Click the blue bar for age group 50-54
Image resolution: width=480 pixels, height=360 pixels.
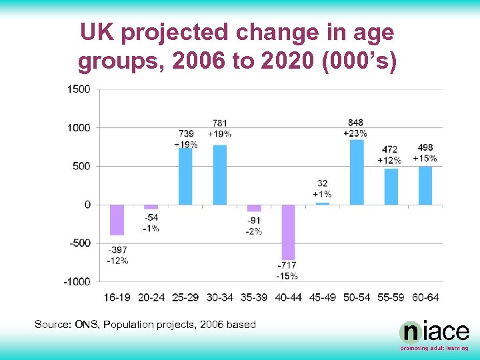tap(357, 172)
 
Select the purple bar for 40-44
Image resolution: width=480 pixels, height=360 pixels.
tap(288, 232)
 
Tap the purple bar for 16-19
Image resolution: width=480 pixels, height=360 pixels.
tap(117, 220)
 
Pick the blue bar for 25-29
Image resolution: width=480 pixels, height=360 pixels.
tap(185, 176)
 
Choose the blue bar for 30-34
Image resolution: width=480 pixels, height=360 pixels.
tap(219, 175)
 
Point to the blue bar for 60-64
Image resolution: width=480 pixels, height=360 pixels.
tap(425, 185)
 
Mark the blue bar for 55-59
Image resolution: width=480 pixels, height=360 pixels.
tap(391, 187)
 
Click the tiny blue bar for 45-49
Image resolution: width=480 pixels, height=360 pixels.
tap(322, 203)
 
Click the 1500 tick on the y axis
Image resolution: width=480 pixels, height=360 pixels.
tap(79, 89)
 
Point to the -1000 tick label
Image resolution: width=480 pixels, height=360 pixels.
tap(77, 281)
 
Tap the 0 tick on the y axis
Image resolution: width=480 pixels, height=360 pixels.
tap(87, 205)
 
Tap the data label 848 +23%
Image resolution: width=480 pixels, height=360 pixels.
tap(356, 128)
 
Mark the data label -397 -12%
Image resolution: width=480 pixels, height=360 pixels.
tap(117, 255)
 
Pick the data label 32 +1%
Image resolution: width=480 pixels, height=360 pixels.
tap(322, 189)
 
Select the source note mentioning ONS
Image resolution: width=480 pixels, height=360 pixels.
tap(145, 325)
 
